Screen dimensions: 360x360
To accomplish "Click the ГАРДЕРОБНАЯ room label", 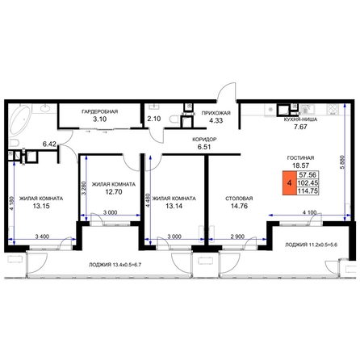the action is (x=100, y=111).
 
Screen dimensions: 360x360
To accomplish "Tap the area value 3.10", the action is (x=100, y=119).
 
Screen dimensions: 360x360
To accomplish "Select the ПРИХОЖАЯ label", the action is (x=216, y=113).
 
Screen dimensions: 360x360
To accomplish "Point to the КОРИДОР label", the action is (x=204, y=140).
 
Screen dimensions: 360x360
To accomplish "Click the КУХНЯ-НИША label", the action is (x=300, y=119).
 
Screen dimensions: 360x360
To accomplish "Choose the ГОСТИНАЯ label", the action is (x=300, y=158).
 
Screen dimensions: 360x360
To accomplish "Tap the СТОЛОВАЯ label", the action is (x=239, y=199).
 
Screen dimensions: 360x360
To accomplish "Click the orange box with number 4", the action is (x=290, y=183).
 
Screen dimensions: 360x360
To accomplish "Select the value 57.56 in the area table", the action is (x=308, y=174).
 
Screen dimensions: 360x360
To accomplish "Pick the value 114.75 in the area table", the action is (x=308, y=191).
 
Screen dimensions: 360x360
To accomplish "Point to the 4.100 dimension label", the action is (x=309, y=212).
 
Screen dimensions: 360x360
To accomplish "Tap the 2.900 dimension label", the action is (x=238, y=237).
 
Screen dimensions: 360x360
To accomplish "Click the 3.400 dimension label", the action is (x=42, y=237).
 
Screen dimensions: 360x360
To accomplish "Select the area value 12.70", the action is (x=114, y=192).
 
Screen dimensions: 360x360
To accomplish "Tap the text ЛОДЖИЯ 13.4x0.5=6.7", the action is (x=115, y=265).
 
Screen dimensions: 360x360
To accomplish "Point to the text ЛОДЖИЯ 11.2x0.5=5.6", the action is (x=312, y=245).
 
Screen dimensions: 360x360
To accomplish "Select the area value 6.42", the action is (x=49, y=144).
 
